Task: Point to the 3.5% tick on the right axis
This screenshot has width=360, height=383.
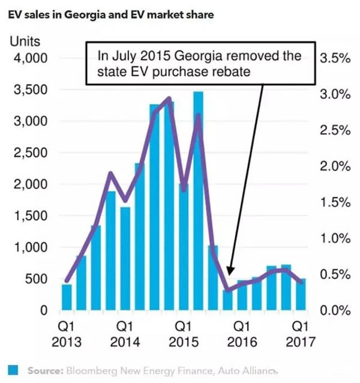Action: coord(335,58)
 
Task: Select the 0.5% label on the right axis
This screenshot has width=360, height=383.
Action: coord(335,274)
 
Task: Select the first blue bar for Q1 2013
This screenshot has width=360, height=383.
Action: coord(67,297)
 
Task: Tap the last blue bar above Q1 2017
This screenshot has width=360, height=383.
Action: coord(300,295)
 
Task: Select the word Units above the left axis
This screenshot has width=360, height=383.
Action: coord(23,43)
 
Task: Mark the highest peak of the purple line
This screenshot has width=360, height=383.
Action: coord(169,98)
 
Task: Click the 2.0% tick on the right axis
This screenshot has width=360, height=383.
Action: coord(335,166)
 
